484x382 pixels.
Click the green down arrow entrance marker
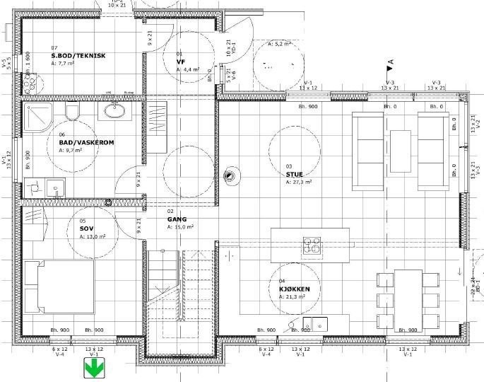point(93,369)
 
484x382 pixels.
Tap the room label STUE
point(294,174)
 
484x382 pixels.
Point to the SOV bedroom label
point(86,229)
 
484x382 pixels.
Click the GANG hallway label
point(177,219)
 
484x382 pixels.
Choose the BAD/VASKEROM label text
point(86,142)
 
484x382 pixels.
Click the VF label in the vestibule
point(180,62)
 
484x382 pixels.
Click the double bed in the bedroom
point(59,286)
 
